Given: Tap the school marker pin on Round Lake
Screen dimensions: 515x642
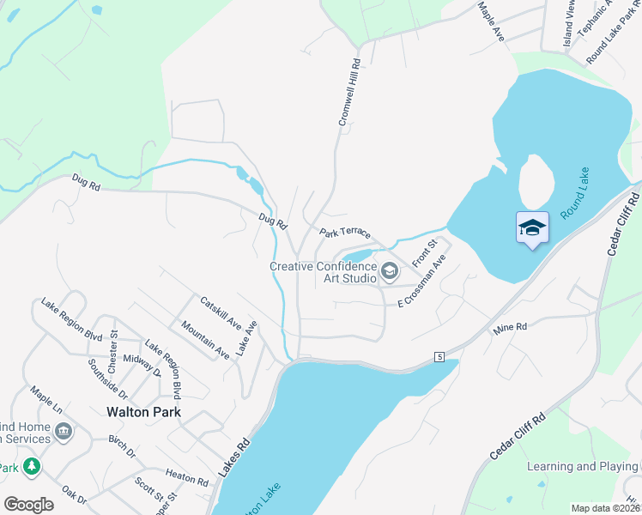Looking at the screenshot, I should point(532,227).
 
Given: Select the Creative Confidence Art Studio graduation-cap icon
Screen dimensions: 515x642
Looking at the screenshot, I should point(389,272).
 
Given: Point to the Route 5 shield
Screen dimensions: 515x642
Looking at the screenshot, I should point(439,356).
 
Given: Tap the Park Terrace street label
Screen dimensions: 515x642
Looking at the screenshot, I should point(344,233).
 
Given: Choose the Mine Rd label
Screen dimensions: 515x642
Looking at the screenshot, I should point(509,329).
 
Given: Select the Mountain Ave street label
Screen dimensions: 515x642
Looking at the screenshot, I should point(205,339).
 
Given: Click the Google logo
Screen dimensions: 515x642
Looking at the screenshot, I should point(29,504).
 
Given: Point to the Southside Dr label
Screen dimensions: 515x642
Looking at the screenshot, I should point(107,379).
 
